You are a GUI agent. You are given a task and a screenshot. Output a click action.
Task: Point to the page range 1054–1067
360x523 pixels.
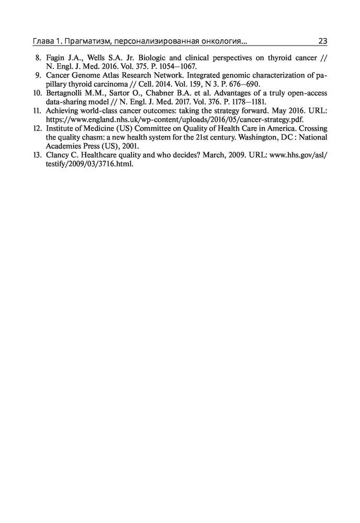click(176, 67)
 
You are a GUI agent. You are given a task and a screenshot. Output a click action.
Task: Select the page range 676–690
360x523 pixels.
click(242, 85)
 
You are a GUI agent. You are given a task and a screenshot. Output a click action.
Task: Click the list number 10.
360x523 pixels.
click(37, 94)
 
